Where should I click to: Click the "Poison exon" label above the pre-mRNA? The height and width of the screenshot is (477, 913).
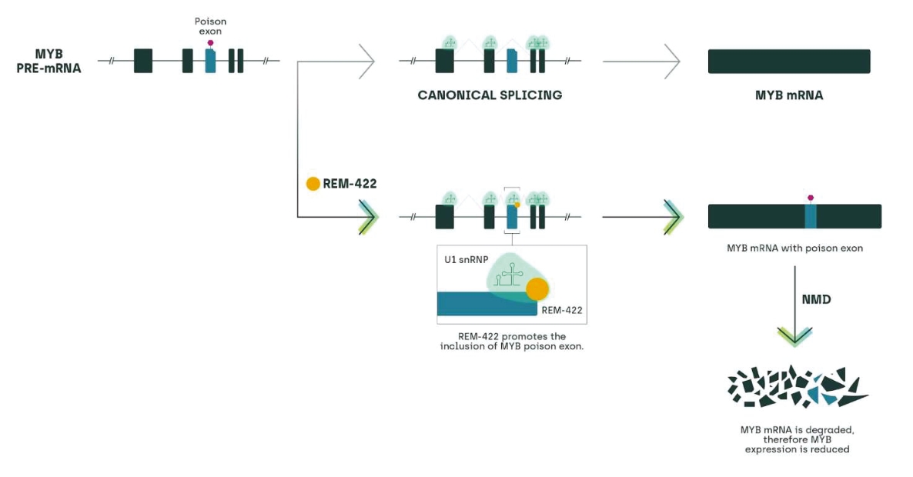(210, 26)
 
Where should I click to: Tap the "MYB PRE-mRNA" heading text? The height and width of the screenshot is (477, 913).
(49, 61)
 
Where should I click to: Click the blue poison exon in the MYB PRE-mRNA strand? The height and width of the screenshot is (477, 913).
(210, 61)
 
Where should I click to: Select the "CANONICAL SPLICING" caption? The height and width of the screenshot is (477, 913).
(490, 95)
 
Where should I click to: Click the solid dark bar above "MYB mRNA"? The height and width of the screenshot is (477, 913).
(789, 61)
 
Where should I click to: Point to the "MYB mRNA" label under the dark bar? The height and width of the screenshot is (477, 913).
(789, 95)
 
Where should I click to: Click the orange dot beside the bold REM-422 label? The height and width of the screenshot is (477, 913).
(313, 184)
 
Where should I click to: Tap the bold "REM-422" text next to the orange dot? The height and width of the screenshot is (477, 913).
(350, 184)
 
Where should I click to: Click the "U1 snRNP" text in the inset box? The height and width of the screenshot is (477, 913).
(467, 259)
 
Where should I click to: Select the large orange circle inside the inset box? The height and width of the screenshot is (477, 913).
(537, 289)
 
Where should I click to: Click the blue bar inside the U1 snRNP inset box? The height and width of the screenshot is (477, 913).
(487, 304)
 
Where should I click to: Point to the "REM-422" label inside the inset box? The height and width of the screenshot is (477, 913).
(562, 310)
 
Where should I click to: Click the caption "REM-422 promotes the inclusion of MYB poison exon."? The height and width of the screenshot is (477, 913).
(512, 341)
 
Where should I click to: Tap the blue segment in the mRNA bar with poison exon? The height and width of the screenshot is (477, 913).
(811, 216)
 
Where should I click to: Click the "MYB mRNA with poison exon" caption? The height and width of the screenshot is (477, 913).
(794, 249)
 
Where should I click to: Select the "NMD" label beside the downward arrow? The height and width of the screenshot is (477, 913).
(816, 299)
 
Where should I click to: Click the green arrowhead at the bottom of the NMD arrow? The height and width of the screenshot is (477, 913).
(794, 337)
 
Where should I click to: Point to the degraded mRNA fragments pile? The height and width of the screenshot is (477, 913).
(797, 386)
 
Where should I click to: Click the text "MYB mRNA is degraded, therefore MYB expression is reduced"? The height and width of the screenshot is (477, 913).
(797, 440)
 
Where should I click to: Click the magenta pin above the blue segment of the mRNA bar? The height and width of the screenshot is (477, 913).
(811, 198)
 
